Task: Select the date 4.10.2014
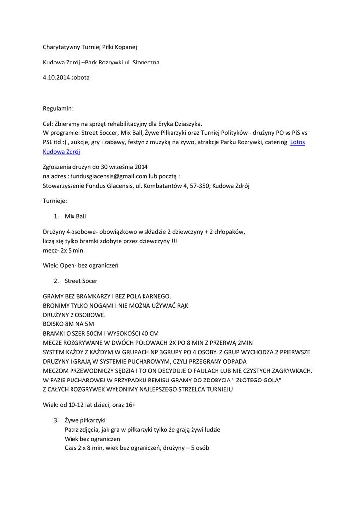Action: [57, 78]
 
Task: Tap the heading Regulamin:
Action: [58, 108]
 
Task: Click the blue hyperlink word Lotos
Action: [297, 142]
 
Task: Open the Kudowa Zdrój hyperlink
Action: [62, 152]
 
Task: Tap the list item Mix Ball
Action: [75, 216]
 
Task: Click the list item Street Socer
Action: [81, 281]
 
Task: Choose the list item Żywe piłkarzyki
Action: [85, 420]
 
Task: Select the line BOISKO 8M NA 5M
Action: [69, 324]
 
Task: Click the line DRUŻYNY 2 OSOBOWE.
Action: [74, 315]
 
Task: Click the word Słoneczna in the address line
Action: [145, 63]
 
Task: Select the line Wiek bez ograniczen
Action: [92, 439]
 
